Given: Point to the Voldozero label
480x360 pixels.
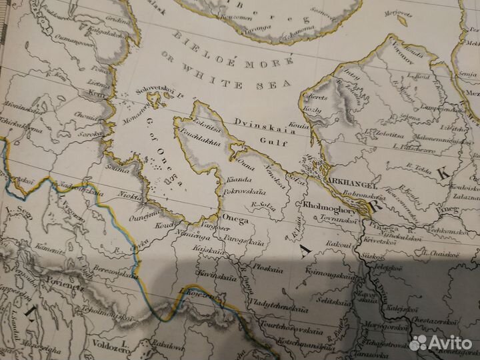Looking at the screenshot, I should point(87,346).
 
